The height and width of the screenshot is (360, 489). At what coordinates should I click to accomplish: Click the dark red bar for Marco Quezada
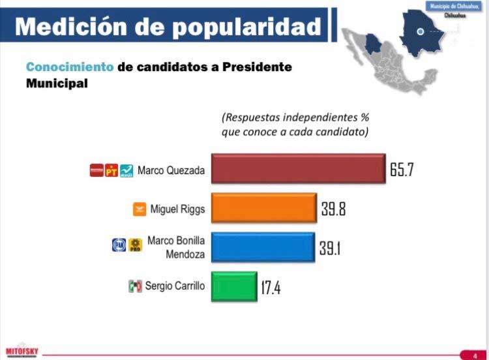298,170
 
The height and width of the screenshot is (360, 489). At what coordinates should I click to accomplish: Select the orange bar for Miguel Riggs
263,209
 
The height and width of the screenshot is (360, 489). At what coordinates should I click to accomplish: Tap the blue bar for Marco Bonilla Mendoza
262,248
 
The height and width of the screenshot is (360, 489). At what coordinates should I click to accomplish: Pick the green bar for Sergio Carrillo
234,286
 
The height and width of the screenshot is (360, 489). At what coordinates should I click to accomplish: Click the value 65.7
402,171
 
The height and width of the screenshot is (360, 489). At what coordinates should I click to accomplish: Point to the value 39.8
334,209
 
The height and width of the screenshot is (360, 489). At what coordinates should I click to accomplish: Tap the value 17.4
271,287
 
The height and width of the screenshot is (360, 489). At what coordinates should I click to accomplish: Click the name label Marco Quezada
171,171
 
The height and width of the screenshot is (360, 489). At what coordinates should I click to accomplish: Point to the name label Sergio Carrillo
174,286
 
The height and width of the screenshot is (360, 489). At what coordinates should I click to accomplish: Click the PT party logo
111,172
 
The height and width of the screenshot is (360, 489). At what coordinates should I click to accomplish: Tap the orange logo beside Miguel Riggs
139,209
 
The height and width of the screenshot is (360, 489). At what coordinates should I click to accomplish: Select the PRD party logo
136,246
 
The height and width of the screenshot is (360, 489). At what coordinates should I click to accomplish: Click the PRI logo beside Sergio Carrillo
135,286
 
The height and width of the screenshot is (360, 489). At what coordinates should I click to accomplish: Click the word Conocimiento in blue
70,67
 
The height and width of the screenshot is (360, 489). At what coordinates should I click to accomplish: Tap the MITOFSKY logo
22,350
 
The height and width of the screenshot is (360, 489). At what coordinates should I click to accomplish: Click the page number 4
475,355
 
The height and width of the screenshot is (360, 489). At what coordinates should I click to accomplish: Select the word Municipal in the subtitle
57,84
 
